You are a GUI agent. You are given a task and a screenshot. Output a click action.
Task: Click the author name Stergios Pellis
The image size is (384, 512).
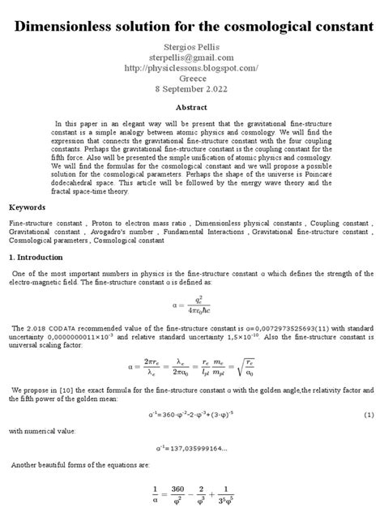[192, 46]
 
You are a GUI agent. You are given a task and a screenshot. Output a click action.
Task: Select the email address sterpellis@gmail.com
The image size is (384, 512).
[192, 58]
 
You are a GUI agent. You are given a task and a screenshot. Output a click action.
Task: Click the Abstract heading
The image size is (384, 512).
[192, 107]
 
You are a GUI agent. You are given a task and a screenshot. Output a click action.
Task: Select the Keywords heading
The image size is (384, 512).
[28, 207]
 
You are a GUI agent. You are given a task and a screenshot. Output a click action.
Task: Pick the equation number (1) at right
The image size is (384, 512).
[369, 415]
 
